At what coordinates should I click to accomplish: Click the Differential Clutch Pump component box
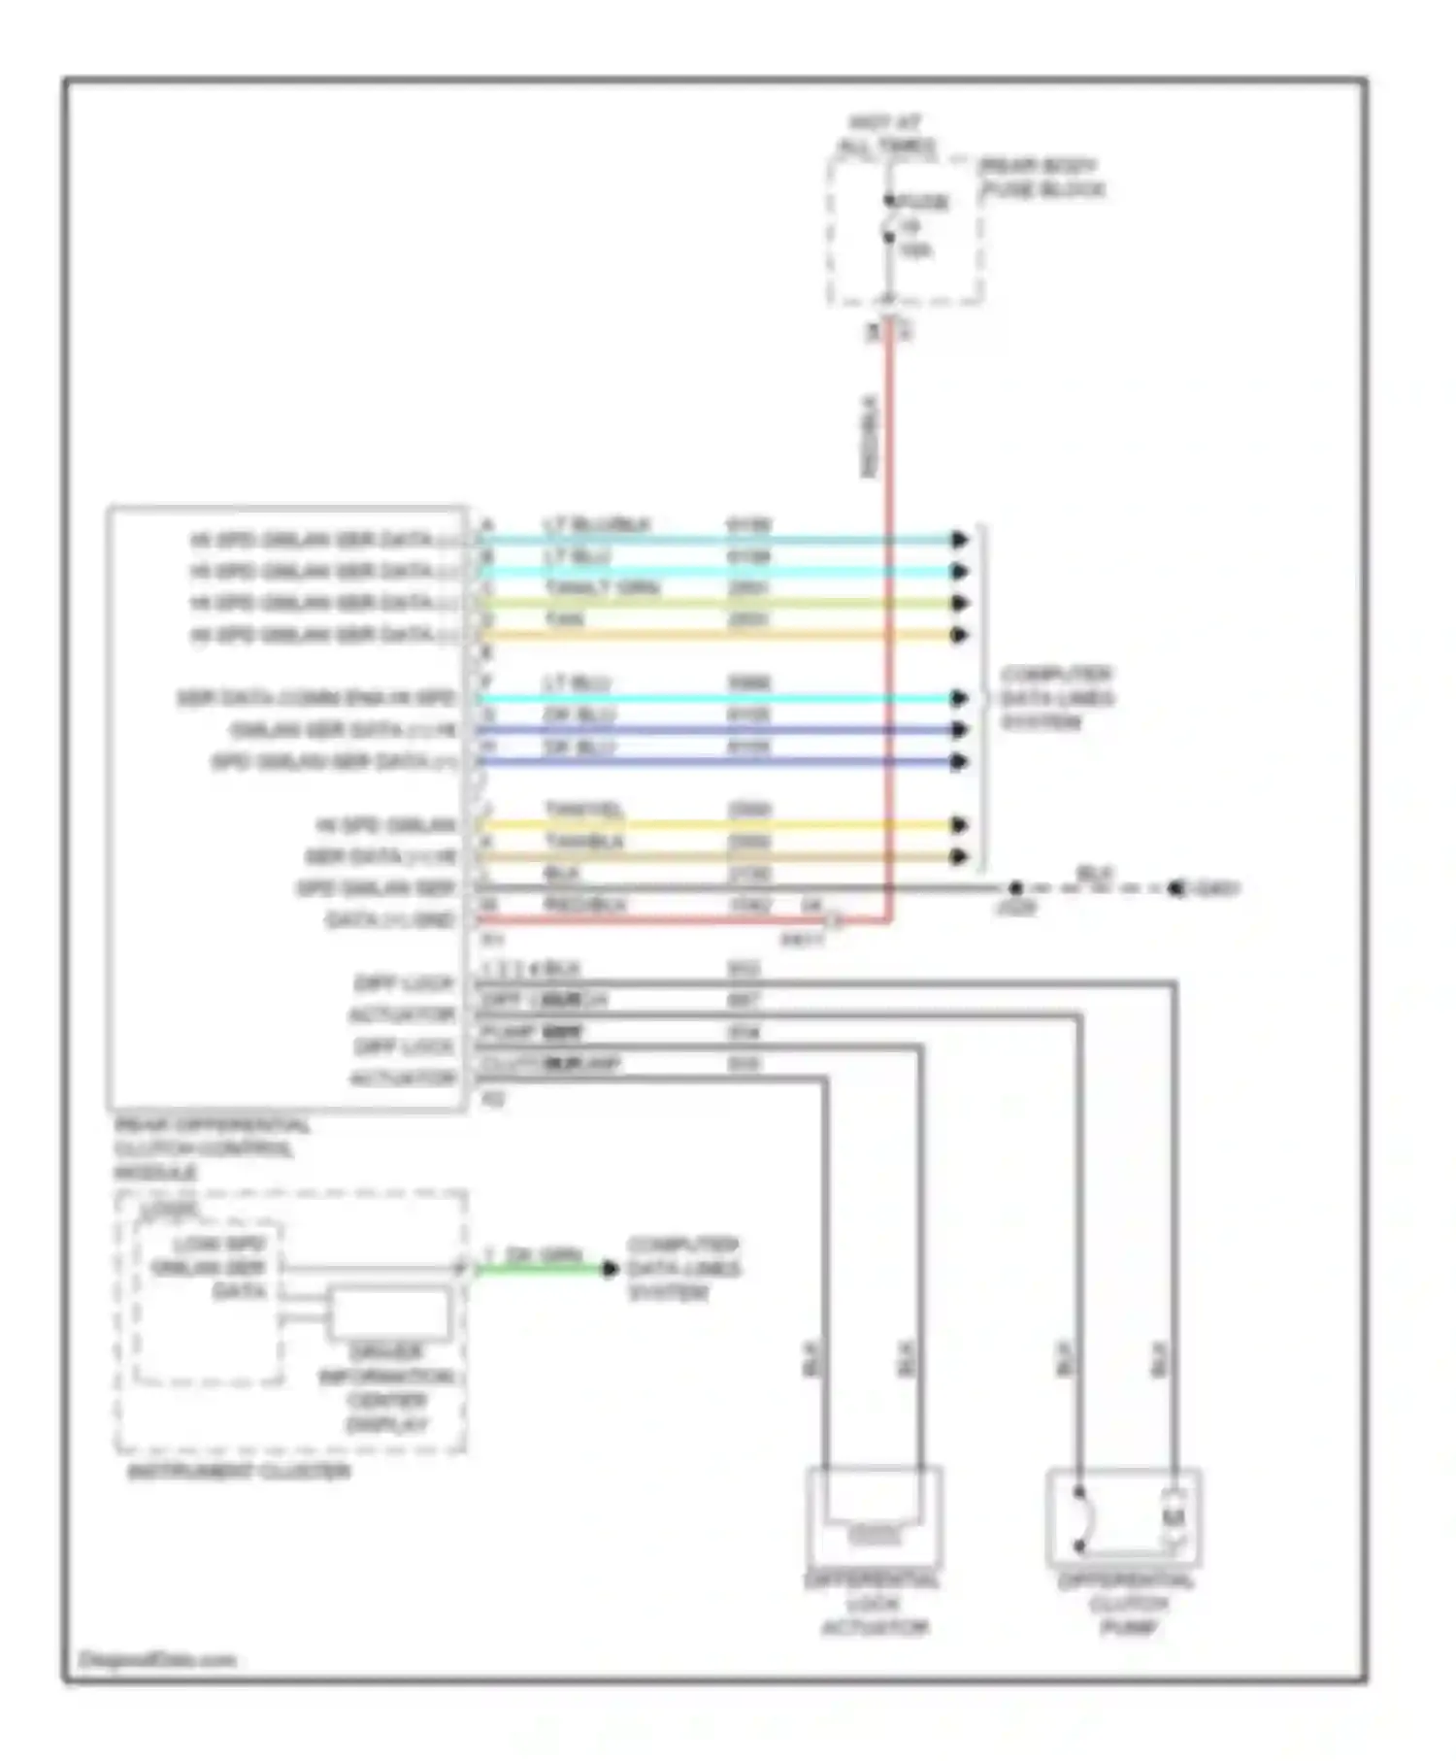coord(1124,1518)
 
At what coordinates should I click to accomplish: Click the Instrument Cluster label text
coord(239,1473)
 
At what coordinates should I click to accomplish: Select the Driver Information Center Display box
coord(389,1312)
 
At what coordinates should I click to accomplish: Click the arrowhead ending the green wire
coord(610,1269)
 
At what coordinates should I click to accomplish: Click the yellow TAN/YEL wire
coord(718,825)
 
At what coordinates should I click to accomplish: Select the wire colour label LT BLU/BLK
coord(596,525)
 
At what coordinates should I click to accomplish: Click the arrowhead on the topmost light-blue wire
coord(959,540)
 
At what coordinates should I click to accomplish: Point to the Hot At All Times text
coord(886,136)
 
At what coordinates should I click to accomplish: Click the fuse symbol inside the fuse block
coord(888,231)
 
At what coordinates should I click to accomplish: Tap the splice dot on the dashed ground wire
coord(1015,888)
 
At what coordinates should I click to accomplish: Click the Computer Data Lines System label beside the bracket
coord(1056,698)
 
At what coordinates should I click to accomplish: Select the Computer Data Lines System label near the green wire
coord(683,1269)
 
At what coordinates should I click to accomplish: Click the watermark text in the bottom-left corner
coord(157,1660)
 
